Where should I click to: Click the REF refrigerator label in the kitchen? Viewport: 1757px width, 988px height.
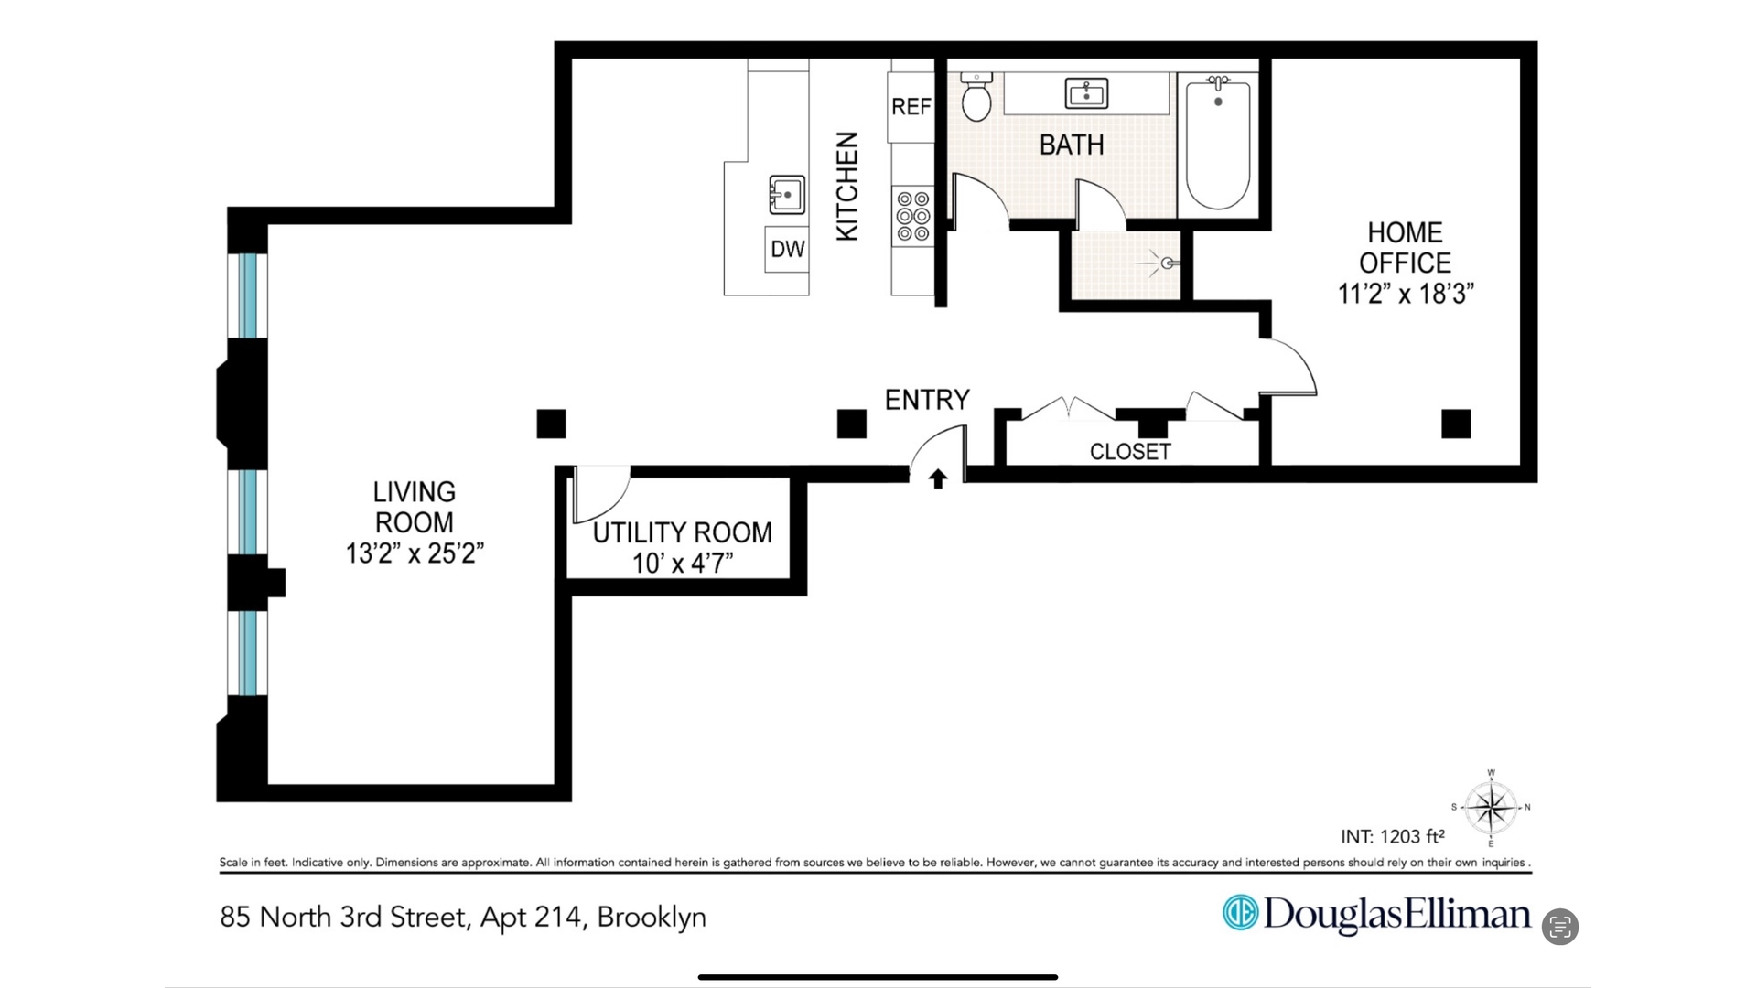tap(911, 107)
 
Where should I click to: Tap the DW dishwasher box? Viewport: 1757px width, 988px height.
tap(787, 249)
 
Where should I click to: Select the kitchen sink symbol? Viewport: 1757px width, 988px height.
tap(786, 195)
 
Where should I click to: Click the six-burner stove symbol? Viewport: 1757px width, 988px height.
tap(912, 217)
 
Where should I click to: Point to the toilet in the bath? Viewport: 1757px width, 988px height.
tap(976, 98)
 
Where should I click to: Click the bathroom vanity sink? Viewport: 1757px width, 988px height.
tap(1086, 93)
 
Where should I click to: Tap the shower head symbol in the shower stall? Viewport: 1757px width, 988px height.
tap(1165, 263)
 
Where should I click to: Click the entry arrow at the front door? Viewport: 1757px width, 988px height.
tap(937, 478)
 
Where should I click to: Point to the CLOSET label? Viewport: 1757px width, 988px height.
tap(1130, 451)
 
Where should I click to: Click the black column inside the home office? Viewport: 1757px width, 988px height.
tap(1455, 424)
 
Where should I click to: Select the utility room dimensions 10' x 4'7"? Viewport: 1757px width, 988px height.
tap(683, 563)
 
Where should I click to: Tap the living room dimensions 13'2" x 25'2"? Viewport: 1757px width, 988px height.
tap(415, 553)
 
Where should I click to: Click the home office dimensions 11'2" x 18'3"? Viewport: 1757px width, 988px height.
tap(1406, 294)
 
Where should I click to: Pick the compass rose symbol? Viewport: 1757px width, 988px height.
tap(1491, 808)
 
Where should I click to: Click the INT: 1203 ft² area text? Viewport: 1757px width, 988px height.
tap(1392, 836)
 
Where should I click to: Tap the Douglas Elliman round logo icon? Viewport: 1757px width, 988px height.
tap(1241, 913)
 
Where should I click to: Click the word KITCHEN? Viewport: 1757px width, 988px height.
tap(847, 186)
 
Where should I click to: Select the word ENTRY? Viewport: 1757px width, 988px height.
tap(926, 400)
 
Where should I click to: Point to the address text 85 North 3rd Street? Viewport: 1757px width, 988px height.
tap(345, 917)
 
